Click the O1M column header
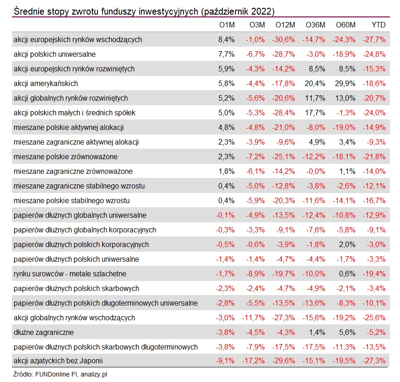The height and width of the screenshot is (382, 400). click(227, 25)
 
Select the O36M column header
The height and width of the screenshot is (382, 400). click(315, 25)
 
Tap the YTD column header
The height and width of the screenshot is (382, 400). click(378, 25)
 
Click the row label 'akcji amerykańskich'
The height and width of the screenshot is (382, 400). click(46, 83)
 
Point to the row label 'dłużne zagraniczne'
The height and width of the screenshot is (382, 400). click(43, 332)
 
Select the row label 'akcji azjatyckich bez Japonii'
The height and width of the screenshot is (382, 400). click(58, 360)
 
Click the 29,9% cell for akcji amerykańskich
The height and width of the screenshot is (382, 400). click(345, 83)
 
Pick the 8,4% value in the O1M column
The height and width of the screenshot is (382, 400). click(226, 39)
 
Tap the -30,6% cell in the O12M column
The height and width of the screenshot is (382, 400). click(283, 39)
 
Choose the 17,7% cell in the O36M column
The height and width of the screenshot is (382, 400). click(315, 113)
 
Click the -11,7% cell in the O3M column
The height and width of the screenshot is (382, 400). click(253, 318)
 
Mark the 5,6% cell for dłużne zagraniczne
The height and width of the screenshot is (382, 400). click(347, 332)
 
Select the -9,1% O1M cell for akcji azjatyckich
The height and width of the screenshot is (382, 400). click(225, 360)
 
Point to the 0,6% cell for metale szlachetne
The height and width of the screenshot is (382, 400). click(347, 274)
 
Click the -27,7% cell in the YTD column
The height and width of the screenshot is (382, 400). click(374, 39)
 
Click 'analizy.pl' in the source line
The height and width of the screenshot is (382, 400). click(94, 374)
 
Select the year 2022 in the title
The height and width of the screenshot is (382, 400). click(261, 11)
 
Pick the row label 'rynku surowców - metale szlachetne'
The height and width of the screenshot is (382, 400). click(70, 274)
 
